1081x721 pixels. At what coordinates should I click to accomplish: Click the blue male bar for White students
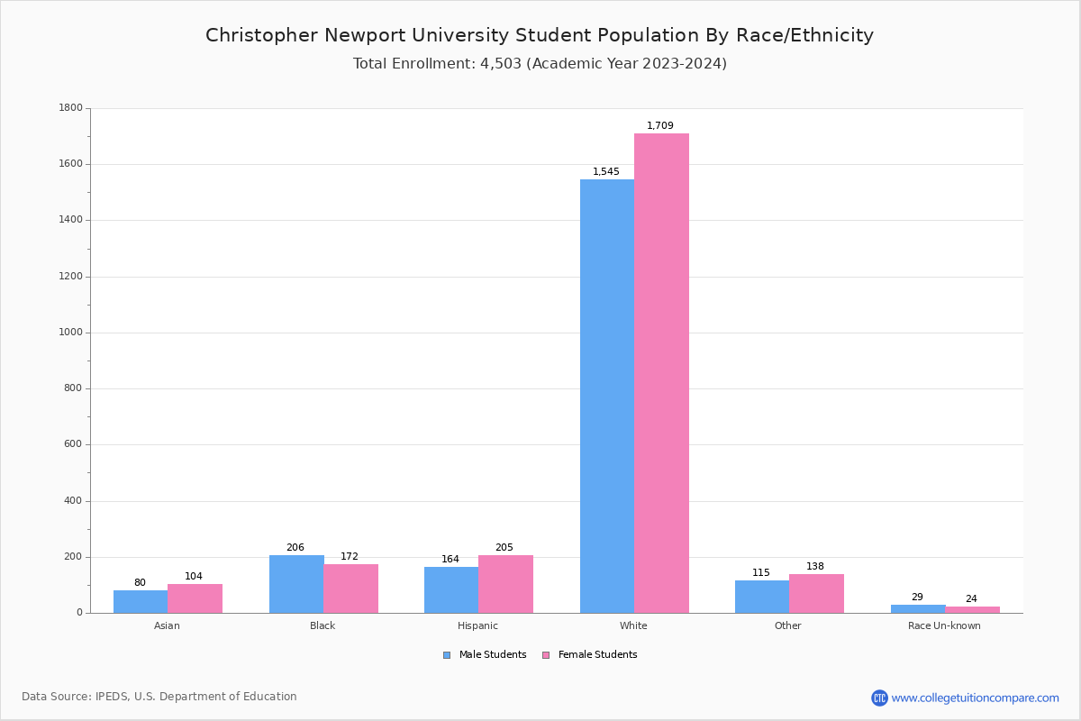606,397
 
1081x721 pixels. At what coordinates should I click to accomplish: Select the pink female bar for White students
661,373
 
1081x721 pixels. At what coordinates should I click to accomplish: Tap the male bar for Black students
296,584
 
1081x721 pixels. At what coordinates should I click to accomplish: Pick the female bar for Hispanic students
505,584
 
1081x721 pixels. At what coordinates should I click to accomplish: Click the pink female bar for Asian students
195,598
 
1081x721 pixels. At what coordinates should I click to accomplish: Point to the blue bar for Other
762,597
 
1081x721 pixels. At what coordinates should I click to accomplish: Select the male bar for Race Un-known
918,608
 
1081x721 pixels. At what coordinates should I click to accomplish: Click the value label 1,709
660,126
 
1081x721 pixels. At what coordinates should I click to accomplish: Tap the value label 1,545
606,172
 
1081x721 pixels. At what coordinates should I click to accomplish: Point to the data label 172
350,557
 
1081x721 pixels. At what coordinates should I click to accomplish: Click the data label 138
815,567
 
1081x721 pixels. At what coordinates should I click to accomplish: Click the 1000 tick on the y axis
70,333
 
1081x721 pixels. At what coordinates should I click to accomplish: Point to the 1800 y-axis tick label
70,108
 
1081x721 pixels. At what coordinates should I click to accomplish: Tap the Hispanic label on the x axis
477,626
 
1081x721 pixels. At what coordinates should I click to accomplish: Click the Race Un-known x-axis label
944,626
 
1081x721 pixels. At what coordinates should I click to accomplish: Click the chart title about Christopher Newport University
540,35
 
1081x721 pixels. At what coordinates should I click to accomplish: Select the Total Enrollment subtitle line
540,64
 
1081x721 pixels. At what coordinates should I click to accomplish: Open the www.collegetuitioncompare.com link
975,698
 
